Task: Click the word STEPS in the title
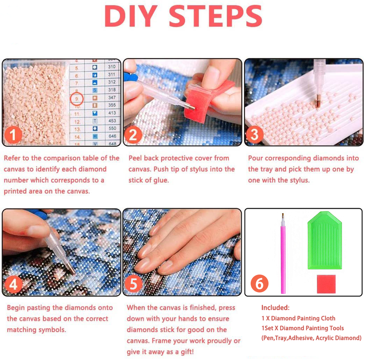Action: pos(215,17)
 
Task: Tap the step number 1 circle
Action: pos(13,134)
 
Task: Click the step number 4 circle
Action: pos(13,284)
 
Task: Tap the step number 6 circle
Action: pos(259,283)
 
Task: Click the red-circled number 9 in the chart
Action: pos(77,98)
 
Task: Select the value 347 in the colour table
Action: pos(111,98)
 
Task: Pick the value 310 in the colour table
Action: pos(111,67)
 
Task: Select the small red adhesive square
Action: pos(326,284)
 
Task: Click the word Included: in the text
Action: pos(276,308)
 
